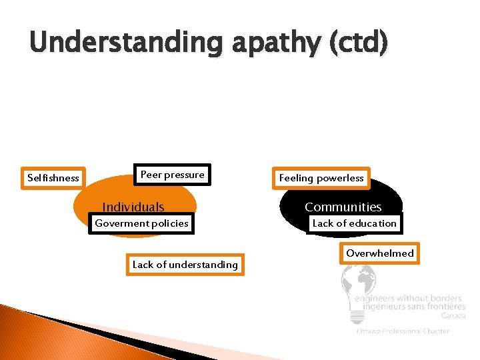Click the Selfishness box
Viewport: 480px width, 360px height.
click(53, 178)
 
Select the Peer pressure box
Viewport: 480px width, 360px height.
click(172, 175)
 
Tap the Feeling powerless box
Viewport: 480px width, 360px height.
click(321, 178)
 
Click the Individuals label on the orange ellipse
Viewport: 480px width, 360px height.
click(133, 207)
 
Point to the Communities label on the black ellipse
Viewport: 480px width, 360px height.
click(343, 207)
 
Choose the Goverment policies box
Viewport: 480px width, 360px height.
click(141, 223)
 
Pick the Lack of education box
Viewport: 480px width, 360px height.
click(354, 223)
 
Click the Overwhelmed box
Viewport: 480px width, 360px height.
click(379, 253)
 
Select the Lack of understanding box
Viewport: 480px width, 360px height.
click(185, 265)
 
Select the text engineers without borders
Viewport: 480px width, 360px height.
click(409, 298)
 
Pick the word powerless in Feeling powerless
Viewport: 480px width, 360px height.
click(341, 178)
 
